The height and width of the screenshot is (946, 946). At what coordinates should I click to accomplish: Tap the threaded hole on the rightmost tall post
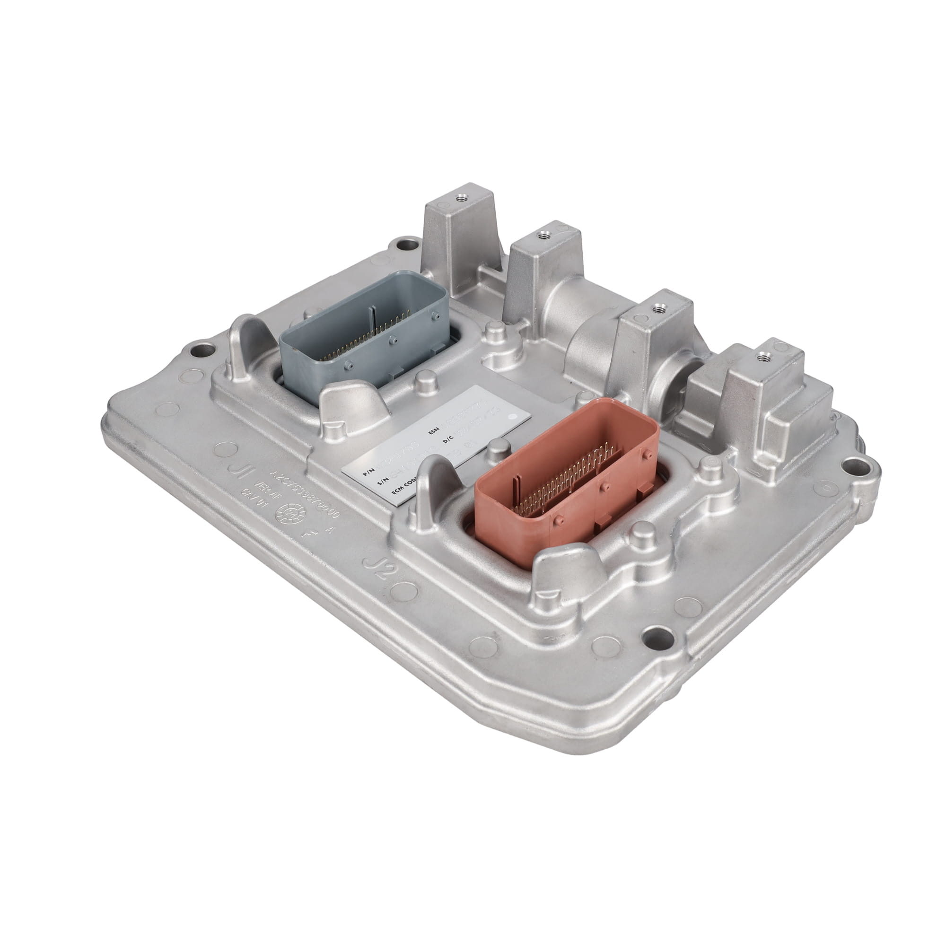[762, 357]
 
